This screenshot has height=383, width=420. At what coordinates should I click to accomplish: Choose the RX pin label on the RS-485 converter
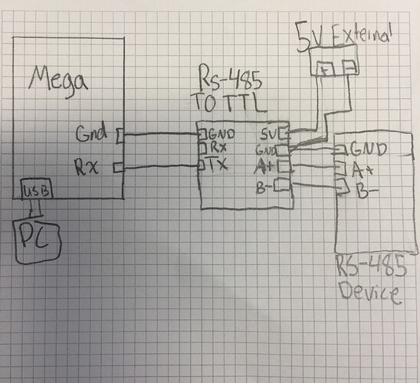(217, 149)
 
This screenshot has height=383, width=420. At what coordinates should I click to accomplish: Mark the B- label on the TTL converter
(265, 184)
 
